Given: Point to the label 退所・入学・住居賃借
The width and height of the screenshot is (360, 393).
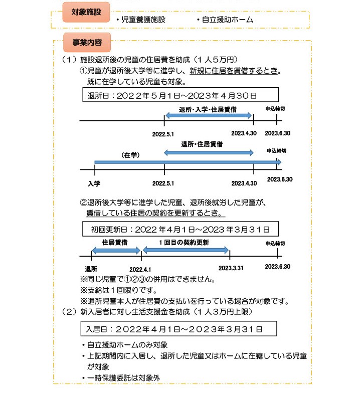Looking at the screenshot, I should pos(208,109).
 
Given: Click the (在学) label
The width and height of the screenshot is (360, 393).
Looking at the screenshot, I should pos(129,155).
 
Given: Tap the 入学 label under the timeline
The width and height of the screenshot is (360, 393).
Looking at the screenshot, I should pos(94,183).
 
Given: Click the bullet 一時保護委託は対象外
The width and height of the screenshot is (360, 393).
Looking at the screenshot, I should pos(123,377).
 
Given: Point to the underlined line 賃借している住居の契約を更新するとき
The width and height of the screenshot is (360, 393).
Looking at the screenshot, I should pos(155,213).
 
